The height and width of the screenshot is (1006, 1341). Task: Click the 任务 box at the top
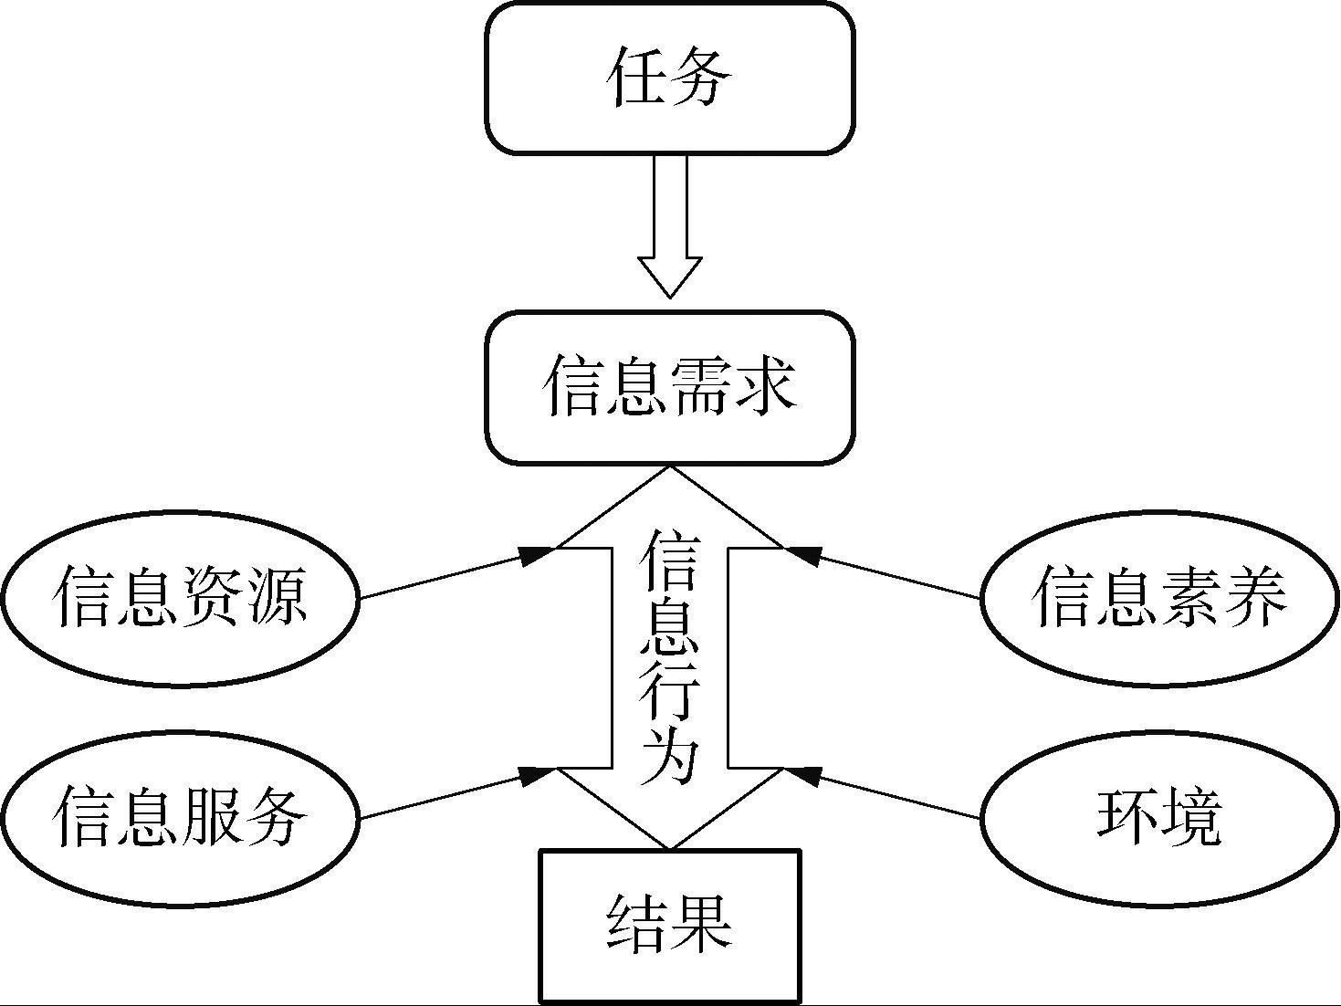pyautogui.click(x=670, y=78)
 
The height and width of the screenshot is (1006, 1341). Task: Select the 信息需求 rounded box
pyautogui.click(x=670, y=387)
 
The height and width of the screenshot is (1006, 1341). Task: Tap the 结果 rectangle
pyautogui.click(x=670, y=926)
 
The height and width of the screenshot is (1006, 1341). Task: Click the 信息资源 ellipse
pyautogui.click(x=179, y=598)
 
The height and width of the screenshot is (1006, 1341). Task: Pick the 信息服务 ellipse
pyautogui.click(x=179, y=816)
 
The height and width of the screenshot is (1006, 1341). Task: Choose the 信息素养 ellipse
pyautogui.click(x=1159, y=598)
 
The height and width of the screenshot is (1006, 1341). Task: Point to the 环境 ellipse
pyautogui.click(x=1159, y=816)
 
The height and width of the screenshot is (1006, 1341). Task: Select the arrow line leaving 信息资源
pyautogui.click(x=447, y=575)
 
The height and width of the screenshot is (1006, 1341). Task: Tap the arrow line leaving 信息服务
pyautogui.click(x=447, y=794)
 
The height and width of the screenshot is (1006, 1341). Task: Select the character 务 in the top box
pyautogui.click(x=701, y=78)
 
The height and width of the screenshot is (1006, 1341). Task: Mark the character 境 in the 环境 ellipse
pyautogui.click(x=1190, y=816)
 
